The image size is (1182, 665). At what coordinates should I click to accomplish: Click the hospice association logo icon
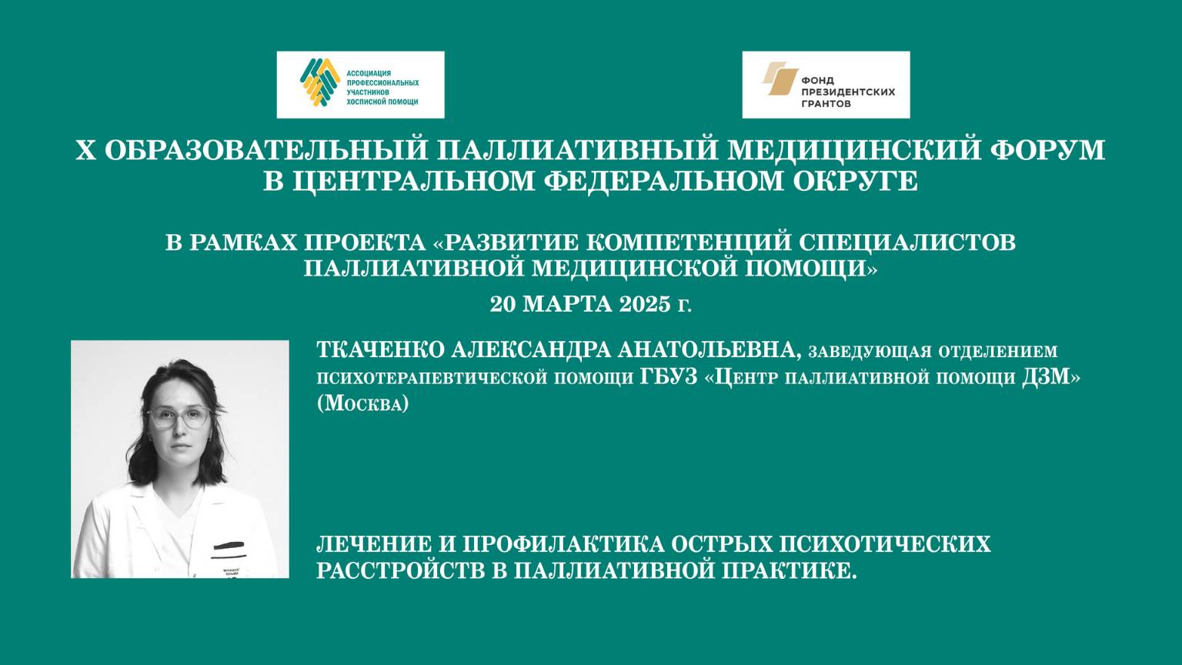320,82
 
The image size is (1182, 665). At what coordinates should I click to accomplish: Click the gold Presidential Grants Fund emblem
780,79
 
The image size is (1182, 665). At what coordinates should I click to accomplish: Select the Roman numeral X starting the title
85,149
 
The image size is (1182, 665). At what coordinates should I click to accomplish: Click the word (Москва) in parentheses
362,403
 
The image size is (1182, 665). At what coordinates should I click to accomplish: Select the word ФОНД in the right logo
817,80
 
